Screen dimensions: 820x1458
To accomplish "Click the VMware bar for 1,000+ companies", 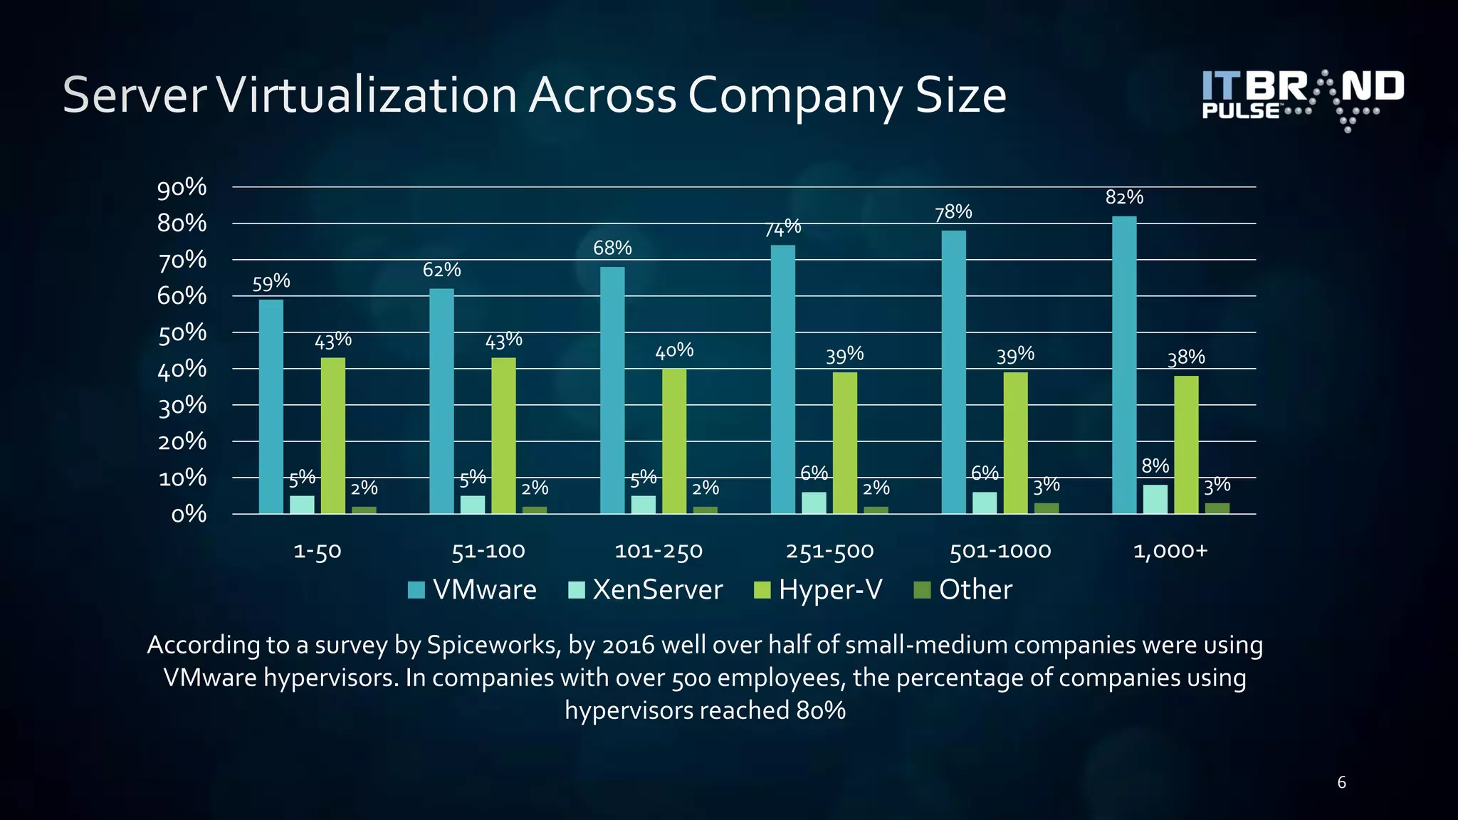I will point(1124,364).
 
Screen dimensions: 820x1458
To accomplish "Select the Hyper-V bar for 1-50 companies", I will point(333,436).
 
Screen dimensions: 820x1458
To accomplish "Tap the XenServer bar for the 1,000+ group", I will point(1155,499).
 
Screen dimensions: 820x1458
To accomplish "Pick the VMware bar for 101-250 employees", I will point(612,390).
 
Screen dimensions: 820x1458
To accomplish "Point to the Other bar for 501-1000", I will point(1047,508).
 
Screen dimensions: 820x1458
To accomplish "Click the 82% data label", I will point(1124,197).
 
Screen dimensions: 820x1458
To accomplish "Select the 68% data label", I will point(612,248).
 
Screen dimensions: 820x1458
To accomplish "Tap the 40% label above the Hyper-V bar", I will point(674,350).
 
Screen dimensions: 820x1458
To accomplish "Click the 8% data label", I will point(1155,466).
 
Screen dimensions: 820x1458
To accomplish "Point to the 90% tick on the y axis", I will point(182,187).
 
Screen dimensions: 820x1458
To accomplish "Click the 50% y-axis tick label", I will point(182,333).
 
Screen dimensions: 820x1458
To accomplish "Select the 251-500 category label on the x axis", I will point(829,551).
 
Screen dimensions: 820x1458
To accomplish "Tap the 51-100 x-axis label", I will point(488,551).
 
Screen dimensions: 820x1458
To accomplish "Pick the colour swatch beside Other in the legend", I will point(922,590).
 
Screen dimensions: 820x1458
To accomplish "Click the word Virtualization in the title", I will point(366,95).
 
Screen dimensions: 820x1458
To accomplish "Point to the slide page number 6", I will point(1341,783).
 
